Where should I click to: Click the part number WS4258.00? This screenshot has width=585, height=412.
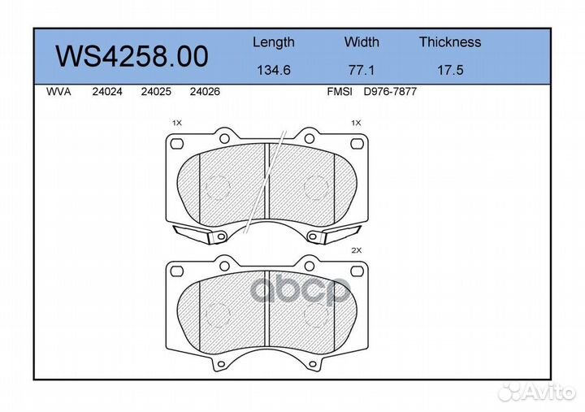[132, 56]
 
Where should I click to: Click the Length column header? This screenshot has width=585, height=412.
[274, 42]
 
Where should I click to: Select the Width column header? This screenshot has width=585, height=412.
[362, 41]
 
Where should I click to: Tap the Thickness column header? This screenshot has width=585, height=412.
[450, 41]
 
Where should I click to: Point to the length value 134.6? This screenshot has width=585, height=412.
[274, 70]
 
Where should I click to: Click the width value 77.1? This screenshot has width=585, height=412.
[362, 70]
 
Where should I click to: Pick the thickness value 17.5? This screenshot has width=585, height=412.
[450, 70]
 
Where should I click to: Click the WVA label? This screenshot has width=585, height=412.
[58, 92]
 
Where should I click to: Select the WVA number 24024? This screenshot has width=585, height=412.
[107, 92]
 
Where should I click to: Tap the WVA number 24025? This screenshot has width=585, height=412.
[156, 92]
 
